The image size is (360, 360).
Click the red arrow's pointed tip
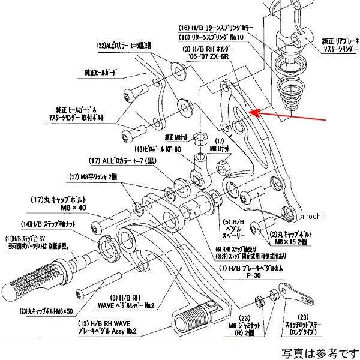click(251, 112)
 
